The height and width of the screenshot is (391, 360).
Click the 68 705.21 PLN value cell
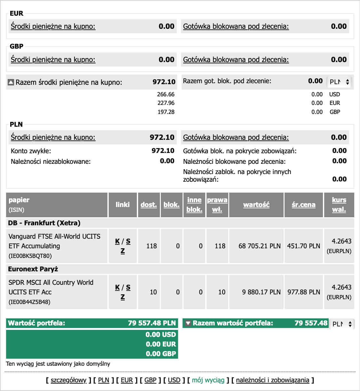[x=259, y=246]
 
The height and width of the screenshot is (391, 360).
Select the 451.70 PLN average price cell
[x=303, y=246]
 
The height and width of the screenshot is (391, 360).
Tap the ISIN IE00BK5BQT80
[x=30, y=256]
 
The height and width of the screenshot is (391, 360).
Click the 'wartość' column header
[x=256, y=205]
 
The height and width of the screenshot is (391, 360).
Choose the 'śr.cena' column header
[x=303, y=205]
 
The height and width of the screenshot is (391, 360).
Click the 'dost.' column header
[x=149, y=205]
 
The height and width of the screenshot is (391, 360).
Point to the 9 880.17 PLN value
[x=261, y=292]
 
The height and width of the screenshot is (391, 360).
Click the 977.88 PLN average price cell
[x=303, y=292]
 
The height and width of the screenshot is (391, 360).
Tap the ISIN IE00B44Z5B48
[x=29, y=302]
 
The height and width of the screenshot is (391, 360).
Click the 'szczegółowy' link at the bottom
[x=68, y=380]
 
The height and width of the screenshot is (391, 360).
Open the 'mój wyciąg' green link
[x=208, y=380]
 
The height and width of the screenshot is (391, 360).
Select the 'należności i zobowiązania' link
[x=272, y=380]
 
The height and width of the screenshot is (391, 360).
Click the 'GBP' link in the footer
[x=150, y=380]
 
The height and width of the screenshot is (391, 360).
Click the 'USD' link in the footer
[x=174, y=380]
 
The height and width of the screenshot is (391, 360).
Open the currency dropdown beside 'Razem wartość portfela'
[x=342, y=324]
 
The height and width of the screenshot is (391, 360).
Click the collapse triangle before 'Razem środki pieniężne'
[x=11, y=83]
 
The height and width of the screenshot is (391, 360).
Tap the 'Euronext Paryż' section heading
[x=33, y=269]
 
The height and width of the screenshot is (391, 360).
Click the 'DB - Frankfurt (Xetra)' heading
[x=44, y=223]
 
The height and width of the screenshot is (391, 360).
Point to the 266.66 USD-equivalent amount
[x=166, y=94]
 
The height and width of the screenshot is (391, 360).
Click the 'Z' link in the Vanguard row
[x=122, y=251]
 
